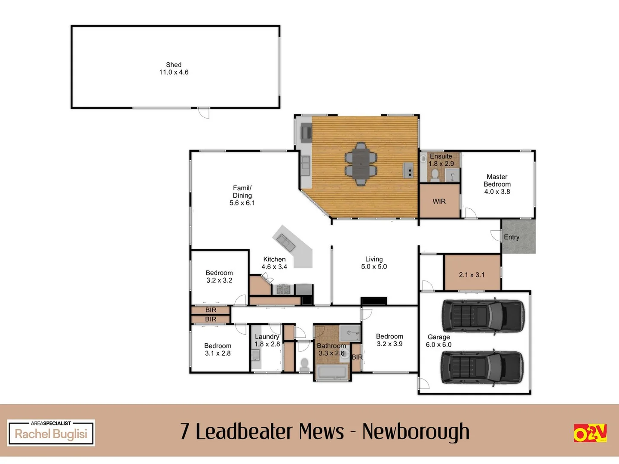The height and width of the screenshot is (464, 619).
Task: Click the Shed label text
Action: pyautogui.click(x=174, y=68)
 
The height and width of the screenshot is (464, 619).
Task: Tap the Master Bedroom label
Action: pyautogui.click(x=497, y=184)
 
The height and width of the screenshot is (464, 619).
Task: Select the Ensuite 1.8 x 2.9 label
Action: pyautogui.click(x=441, y=160)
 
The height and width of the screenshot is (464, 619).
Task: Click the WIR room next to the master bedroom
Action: pyautogui.click(x=439, y=201)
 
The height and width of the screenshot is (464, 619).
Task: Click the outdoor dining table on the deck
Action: pyautogui.click(x=361, y=164)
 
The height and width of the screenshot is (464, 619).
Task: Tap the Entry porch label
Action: pyautogui.click(x=512, y=237)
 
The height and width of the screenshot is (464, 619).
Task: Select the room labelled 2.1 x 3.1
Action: pyautogui.click(x=472, y=275)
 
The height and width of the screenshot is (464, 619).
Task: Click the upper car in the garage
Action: pyautogui.click(x=483, y=317)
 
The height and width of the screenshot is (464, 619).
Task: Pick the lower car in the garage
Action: pyautogui.click(x=482, y=368)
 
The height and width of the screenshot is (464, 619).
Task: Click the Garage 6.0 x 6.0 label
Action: pyautogui.click(x=438, y=341)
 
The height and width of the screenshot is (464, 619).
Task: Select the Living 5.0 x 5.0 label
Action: pyautogui.click(x=374, y=263)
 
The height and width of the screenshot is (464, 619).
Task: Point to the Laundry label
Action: pyautogui.click(x=267, y=337)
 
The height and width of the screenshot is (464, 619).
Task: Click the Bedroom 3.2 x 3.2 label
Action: pyautogui.click(x=219, y=276)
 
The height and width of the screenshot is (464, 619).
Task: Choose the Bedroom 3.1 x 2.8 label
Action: pyautogui.click(x=218, y=349)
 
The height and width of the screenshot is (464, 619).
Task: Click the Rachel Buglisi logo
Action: pyautogui.click(x=51, y=433)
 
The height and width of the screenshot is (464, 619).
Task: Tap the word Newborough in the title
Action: pyautogui.click(x=416, y=432)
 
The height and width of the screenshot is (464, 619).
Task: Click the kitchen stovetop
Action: pyautogui.click(x=283, y=290)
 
